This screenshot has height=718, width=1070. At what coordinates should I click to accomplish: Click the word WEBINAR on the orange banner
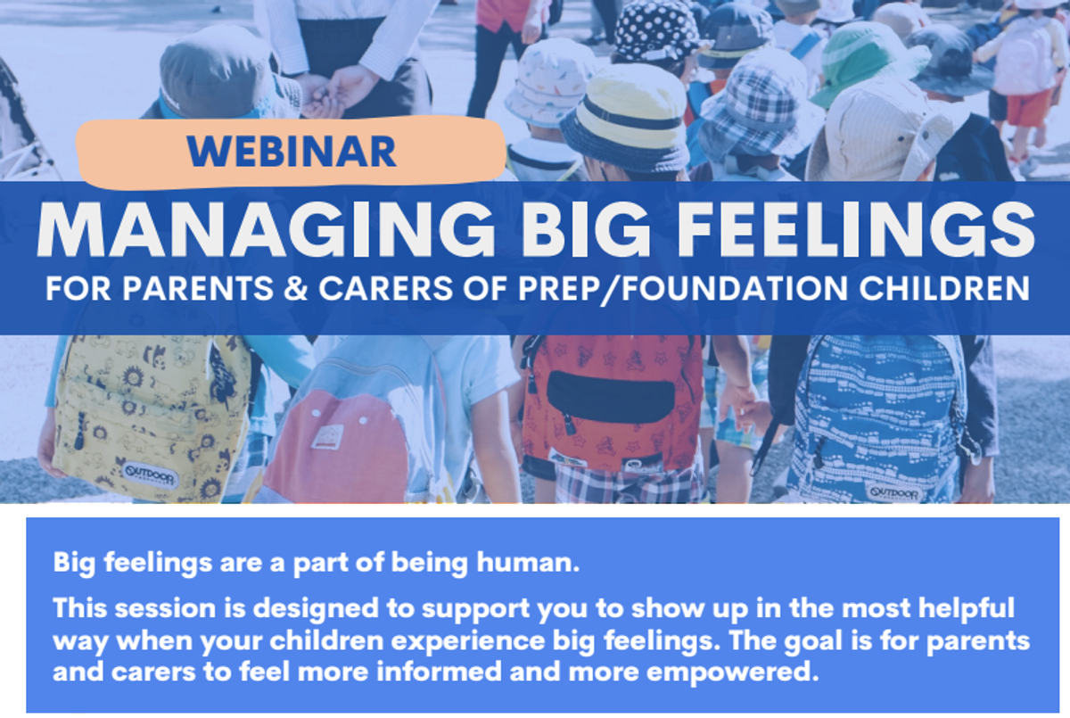(x=292, y=152)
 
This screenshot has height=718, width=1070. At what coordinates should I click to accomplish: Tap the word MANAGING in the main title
(x=266, y=230)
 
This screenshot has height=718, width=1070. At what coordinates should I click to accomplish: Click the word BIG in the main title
(x=586, y=230)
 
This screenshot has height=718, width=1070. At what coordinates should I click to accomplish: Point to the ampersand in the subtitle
(x=296, y=288)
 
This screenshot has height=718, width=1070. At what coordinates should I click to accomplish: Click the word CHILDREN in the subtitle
(x=944, y=288)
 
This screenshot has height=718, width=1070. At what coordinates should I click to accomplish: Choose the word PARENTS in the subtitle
(x=198, y=288)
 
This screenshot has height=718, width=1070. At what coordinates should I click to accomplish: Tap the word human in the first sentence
(x=528, y=562)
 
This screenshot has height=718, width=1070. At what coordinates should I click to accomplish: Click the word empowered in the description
(x=733, y=673)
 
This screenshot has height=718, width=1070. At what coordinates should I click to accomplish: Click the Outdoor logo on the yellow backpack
(x=150, y=475)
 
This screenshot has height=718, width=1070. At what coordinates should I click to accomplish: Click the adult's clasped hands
(x=334, y=91)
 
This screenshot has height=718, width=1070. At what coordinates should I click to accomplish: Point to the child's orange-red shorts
(x=1028, y=109)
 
